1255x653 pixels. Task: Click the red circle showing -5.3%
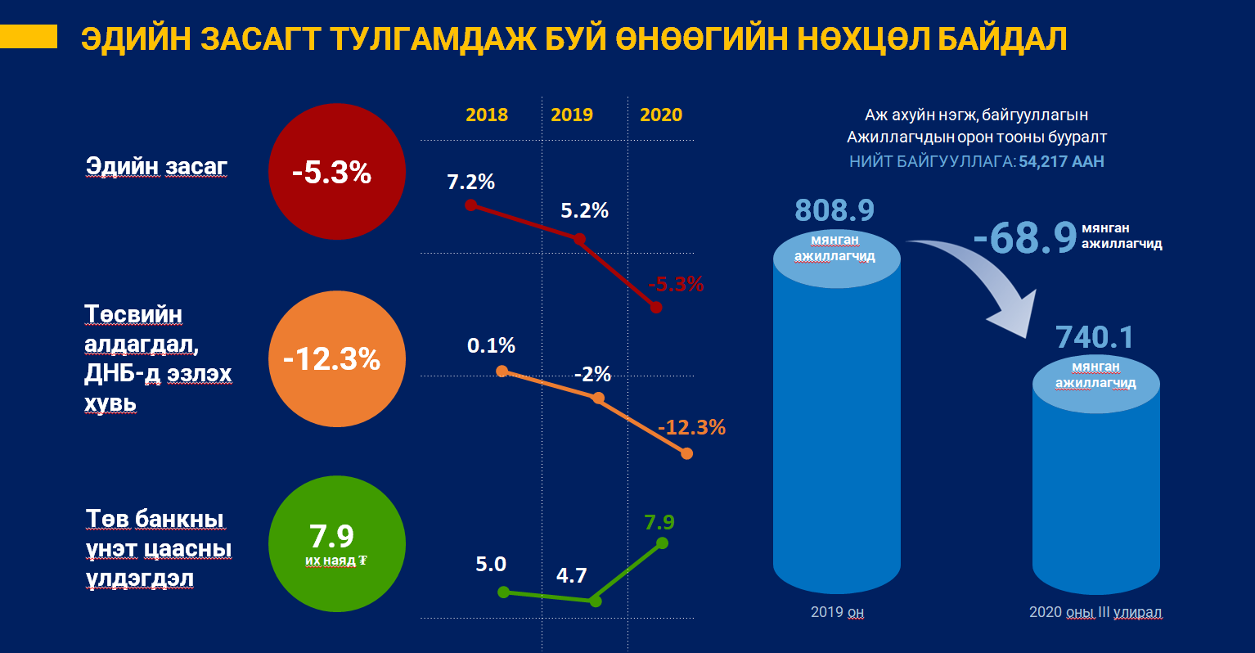(x=336, y=172)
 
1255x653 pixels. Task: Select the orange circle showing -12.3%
(x=336, y=358)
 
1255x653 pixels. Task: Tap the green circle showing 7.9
(x=336, y=543)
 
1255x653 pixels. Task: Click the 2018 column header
(x=487, y=115)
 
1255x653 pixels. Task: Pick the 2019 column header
(x=572, y=115)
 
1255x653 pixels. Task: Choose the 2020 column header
(x=661, y=115)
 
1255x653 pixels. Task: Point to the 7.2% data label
(x=470, y=182)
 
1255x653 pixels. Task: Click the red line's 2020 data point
(x=655, y=307)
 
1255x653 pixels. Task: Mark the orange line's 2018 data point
(x=502, y=370)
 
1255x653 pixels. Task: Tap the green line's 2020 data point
(x=662, y=543)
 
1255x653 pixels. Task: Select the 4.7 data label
(x=571, y=575)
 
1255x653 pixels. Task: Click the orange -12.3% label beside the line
(x=691, y=427)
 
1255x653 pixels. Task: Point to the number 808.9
(x=834, y=210)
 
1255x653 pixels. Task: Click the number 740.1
(x=1095, y=337)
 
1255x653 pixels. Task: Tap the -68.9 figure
(x=1025, y=237)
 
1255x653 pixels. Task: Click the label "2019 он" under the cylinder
(x=837, y=612)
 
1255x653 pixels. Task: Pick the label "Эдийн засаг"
(x=156, y=166)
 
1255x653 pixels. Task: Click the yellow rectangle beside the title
(x=29, y=36)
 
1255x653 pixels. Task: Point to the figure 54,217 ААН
(x=1061, y=161)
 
